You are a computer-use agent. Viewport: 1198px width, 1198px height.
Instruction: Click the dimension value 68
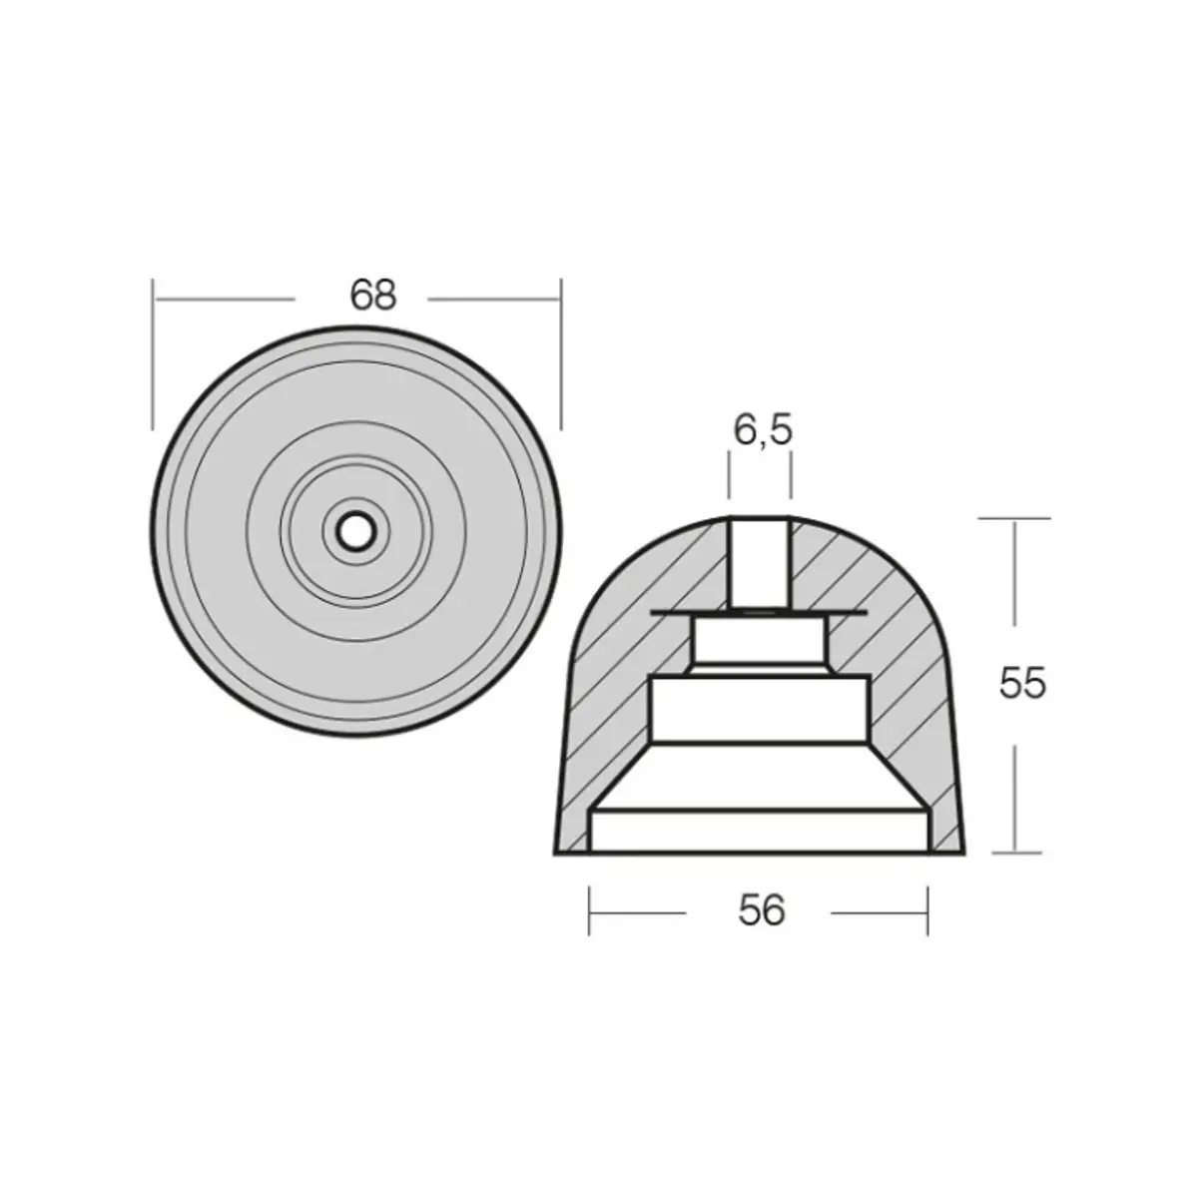(373, 296)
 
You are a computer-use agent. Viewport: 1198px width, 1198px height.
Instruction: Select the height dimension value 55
(1022, 684)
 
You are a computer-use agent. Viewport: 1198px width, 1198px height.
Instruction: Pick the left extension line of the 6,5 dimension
(730, 474)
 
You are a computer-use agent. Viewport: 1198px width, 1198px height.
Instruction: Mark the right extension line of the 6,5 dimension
(792, 474)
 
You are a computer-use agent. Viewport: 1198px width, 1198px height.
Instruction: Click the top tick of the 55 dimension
(1014, 518)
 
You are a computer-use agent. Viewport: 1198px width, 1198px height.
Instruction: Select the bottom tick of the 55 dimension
(1014, 854)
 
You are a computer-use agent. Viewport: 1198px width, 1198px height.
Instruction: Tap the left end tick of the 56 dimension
(590, 910)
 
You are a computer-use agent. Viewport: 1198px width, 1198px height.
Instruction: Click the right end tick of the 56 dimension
(927, 910)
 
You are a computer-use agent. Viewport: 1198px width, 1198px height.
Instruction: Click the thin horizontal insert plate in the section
(679, 611)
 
